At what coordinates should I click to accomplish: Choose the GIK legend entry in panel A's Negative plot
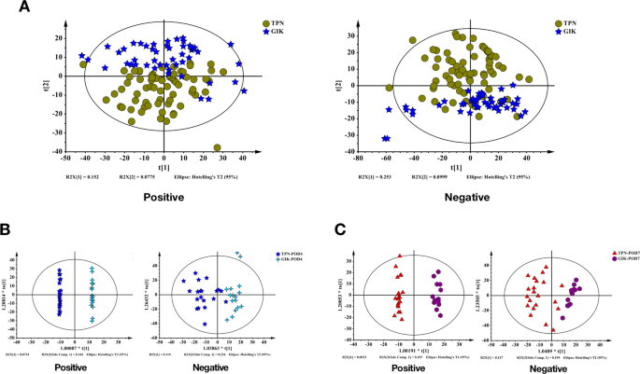click(571, 31)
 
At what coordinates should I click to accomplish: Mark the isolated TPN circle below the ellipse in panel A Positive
click(217, 147)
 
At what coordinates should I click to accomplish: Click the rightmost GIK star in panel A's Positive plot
click(245, 91)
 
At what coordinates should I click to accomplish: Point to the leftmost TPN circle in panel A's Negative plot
click(390, 88)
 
